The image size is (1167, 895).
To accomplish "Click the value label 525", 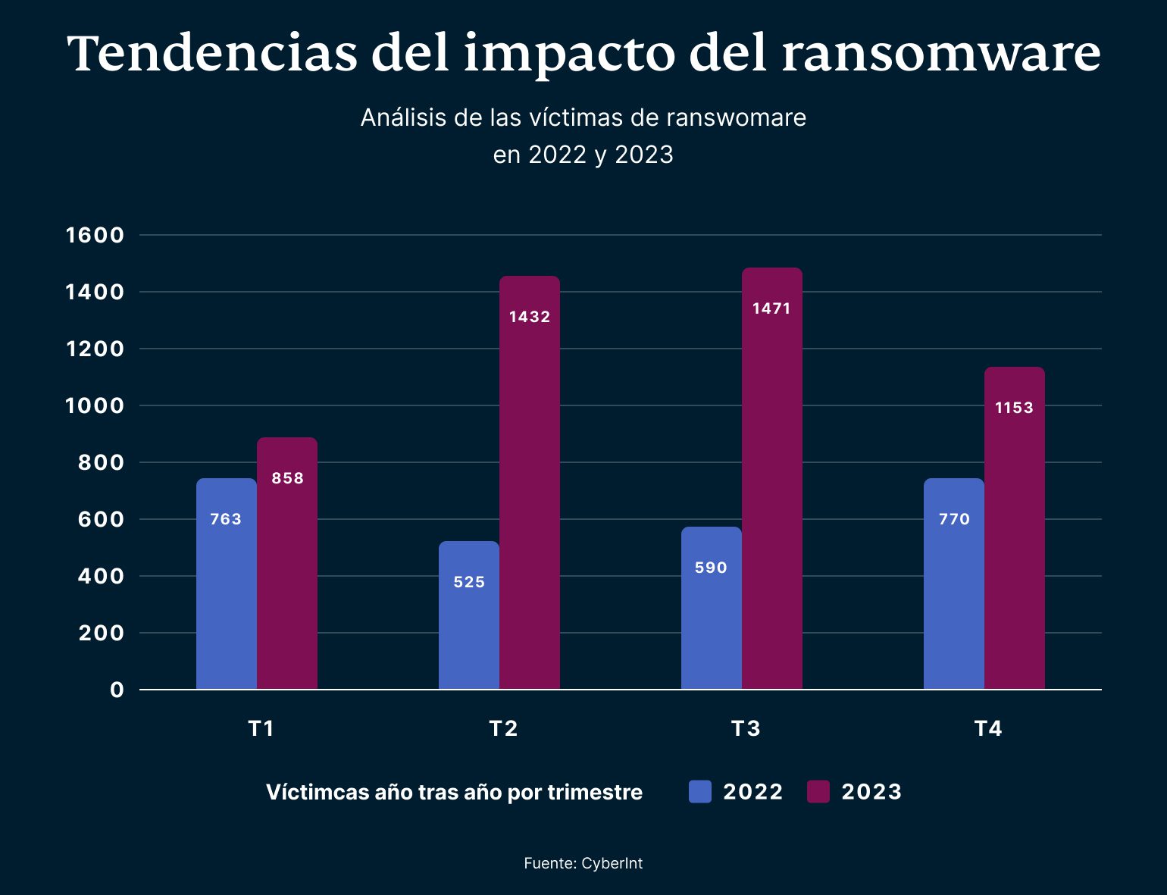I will tap(469, 582).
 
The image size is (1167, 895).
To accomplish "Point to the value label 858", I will tap(287, 478).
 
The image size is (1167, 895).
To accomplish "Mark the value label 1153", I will tap(1014, 408).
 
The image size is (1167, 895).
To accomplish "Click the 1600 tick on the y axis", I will tap(95, 235).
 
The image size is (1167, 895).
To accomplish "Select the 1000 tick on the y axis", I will tap(95, 405).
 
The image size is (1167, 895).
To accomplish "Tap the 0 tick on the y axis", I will tap(117, 690).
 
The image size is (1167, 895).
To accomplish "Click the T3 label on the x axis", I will tap(746, 728).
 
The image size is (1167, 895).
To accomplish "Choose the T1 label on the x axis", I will tap(261, 728).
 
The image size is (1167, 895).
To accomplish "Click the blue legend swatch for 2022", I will tap(700, 792).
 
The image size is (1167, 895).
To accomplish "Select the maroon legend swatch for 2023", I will tap(818, 792).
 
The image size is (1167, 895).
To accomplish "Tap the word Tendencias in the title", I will tap(212, 53).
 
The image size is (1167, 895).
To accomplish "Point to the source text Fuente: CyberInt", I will tap(583, 863).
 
